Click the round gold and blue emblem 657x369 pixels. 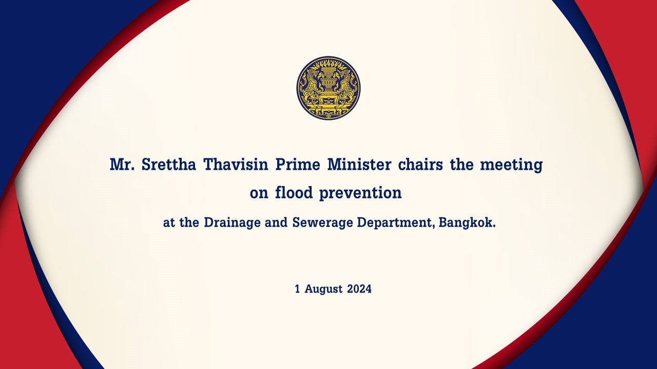tap(328, 88)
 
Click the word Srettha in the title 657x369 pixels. tap(169, 165)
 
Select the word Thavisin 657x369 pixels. tap(236, 165)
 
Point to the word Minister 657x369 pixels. tap(359, 165)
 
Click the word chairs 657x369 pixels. tap(420, 165)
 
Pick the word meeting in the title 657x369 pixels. tap(511, 166)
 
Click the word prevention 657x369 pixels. tap(360, 194)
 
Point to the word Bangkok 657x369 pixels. tap(467, 222)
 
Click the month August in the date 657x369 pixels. tap(323, 290)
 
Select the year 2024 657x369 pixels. tap(359, 289)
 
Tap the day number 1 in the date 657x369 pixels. tap(297, 289)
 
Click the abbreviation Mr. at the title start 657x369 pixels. tap(122, 165)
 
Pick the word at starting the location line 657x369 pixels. tap(169, 223)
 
